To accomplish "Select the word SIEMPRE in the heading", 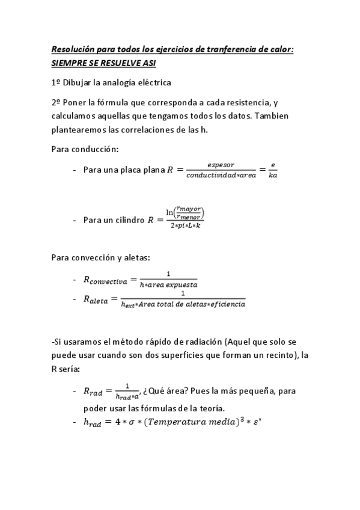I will [x=69, y=63].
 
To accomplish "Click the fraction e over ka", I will [x=273, y=170].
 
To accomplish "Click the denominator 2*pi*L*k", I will [x=186, y=226].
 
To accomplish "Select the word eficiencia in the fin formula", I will [x=225, y=304].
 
